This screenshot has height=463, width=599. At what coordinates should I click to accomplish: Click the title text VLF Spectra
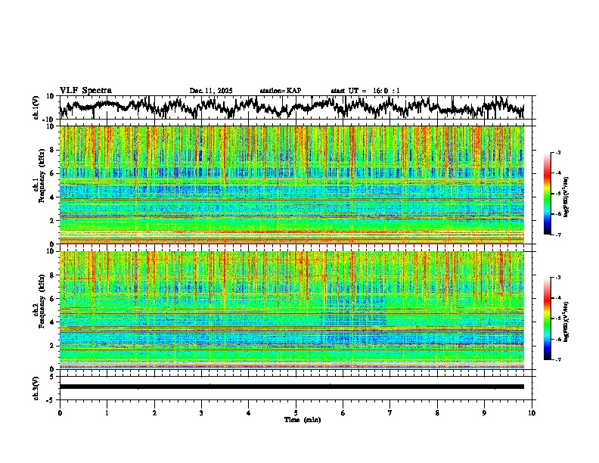pos(85,91)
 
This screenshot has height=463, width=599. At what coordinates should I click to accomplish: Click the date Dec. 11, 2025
pos(212,91)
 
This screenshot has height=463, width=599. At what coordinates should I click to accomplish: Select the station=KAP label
pos(280,91)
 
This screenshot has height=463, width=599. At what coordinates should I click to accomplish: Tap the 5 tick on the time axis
pos(296,413)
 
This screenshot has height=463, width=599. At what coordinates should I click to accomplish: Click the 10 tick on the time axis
pos(532,413)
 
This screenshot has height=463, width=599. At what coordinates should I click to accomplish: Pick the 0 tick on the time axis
pos(60,413)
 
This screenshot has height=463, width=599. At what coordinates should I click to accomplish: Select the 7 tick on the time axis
pos(390,413)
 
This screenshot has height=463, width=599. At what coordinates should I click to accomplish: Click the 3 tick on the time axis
pos(201,413)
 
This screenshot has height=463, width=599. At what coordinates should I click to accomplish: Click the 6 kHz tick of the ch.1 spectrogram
pos(53,173)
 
